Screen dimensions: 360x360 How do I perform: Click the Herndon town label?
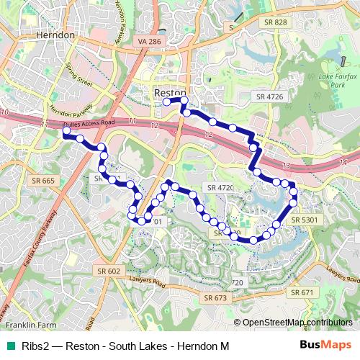[x=53, y=35]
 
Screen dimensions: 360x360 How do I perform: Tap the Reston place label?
[x=171, y=93]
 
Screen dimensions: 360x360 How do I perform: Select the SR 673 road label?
[x=215, y=297]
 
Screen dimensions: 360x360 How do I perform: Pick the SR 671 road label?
[x=301, y=293]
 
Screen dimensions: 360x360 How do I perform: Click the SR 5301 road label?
[x=305, y=219]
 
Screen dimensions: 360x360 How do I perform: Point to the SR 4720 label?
[x=221, y=187]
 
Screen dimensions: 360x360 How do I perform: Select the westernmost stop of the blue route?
[x=66, y=132]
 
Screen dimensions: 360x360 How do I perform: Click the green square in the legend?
[x=8, y=346]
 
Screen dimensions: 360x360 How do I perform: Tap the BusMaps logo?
[x=320, y=346]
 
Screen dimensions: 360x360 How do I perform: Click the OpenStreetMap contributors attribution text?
[x=297, y=322]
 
